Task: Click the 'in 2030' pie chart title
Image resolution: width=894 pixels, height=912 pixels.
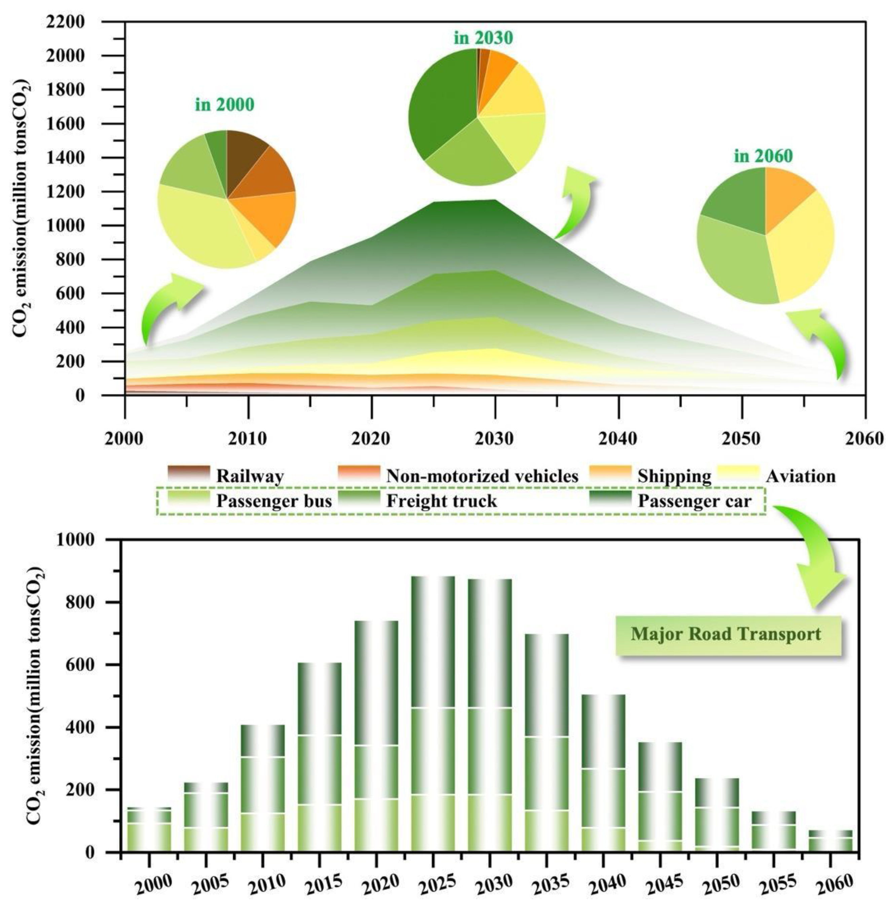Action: (x=483, y=38)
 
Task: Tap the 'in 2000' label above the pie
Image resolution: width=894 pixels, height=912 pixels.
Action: (x=224, y=104)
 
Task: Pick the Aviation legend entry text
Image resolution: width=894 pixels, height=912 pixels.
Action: (x=800, y=477)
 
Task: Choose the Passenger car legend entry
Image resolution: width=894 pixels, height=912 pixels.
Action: (x=694, y=501)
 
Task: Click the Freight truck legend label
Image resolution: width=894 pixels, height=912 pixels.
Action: (x=441, y=501)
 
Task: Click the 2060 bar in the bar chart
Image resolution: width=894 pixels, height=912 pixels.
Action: (x=831, y=842)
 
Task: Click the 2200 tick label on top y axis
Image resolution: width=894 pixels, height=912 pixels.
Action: (x=66, y=22)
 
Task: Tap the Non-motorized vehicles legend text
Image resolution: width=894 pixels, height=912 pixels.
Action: (x=482, y=477)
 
